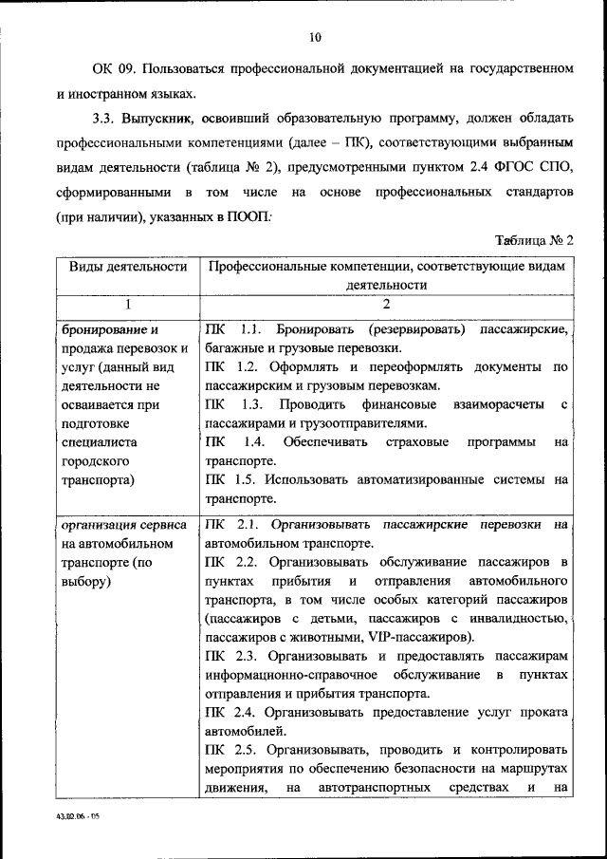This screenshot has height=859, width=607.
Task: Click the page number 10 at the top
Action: click(x=316, y=37)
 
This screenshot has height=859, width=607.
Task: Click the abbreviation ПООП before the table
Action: click(x=246, y=217)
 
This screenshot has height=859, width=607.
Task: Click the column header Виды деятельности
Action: click(x=126, y=268)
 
